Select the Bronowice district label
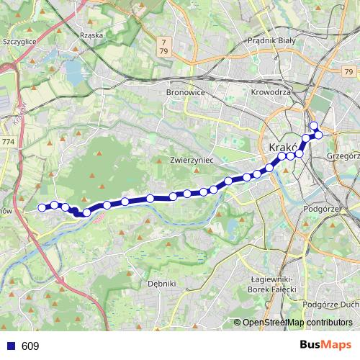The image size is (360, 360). tap(186, 93)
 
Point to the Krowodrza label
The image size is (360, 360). tap(271, 93)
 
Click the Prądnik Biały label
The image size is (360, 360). tap(271, 41)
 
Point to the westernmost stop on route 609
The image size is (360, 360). tap(41, 207)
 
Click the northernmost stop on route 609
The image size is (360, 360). tap(313, 125)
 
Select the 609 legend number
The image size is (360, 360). tap(30, 346)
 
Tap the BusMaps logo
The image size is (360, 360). tap(325, 346)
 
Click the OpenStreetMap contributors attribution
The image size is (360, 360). tap(297, 323)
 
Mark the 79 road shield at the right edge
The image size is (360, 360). tap(348, 71)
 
